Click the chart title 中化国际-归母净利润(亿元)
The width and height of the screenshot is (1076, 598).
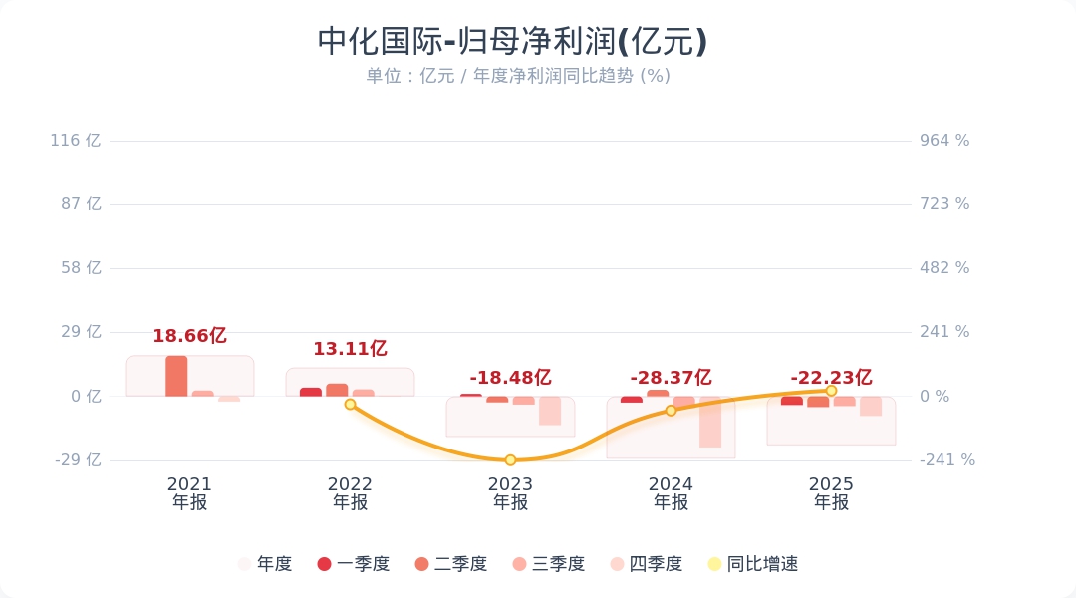(512, 42)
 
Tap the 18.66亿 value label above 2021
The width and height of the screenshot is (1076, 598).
(189, 336)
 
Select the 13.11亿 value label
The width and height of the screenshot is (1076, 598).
(350, 349)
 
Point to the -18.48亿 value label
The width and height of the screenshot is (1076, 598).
(510, 378)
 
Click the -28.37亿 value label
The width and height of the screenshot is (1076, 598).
(671, 378)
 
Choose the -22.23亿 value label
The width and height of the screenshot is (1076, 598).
(831, 378)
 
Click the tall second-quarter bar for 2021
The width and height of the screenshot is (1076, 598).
(176, 376)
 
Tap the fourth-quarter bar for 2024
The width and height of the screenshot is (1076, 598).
(710, 422)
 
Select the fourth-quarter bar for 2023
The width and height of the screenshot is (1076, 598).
(550, 411)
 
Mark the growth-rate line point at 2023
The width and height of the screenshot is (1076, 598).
(510, 460)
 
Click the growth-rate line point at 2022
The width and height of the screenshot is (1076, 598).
(350, 404)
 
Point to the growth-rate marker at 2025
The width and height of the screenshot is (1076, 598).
(831, 391)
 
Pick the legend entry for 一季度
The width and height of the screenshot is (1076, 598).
(353, 564)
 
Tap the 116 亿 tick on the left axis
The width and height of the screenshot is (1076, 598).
(76, 141)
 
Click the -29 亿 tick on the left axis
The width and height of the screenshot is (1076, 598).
(76, 460)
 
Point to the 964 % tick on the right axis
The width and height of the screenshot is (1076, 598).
(944, 141)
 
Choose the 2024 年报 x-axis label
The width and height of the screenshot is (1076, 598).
(671, 493)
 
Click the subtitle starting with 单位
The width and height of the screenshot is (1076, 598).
(518, 76)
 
